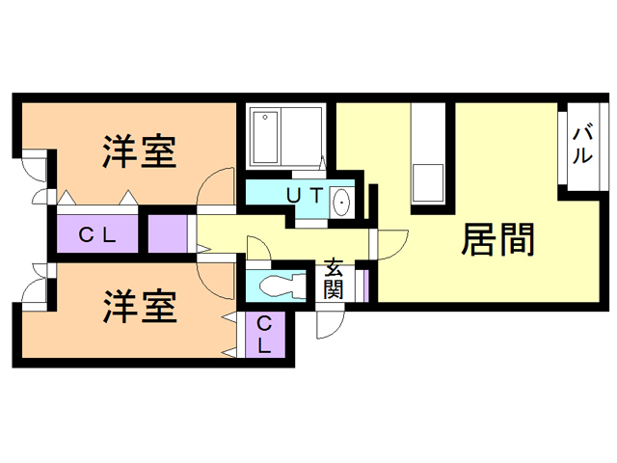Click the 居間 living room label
(x=498, y=239)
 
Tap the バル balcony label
(x=583, y=146)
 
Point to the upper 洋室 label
(x=140, y=151)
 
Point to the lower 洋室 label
(x=140, y=307)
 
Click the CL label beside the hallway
(x=96, y=232)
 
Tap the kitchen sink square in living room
(x=425, y=183)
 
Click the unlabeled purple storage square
(x=167, y=233)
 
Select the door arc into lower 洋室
(x=216, y=277)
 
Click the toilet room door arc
(x=258, y=250)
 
